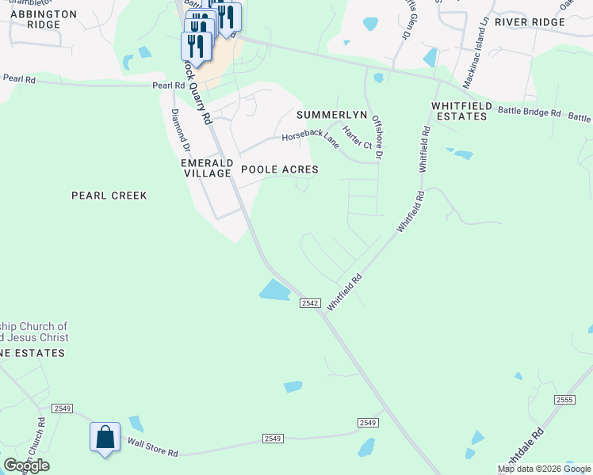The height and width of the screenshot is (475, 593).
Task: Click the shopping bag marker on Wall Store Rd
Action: point(105,438)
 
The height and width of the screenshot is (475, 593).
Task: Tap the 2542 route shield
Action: point(310,303)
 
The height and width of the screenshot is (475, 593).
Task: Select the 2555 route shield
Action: point(564,400)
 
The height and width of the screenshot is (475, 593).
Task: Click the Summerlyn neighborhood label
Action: point(332,115)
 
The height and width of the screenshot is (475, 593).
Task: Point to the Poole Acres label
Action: point(280,169)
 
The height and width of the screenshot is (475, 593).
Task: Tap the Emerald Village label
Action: point(205,169)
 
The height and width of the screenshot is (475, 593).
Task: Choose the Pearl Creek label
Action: point(109,195)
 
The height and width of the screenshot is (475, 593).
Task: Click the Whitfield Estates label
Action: point(459,111)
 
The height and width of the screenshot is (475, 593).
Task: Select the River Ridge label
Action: point(530,22)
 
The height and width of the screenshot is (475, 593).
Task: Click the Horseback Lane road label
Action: point(311,139)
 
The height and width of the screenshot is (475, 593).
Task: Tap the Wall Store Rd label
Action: point(153,449)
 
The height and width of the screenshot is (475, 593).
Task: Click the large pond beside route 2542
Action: point(274,290)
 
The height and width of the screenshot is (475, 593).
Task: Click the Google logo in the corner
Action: point(26,465)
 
